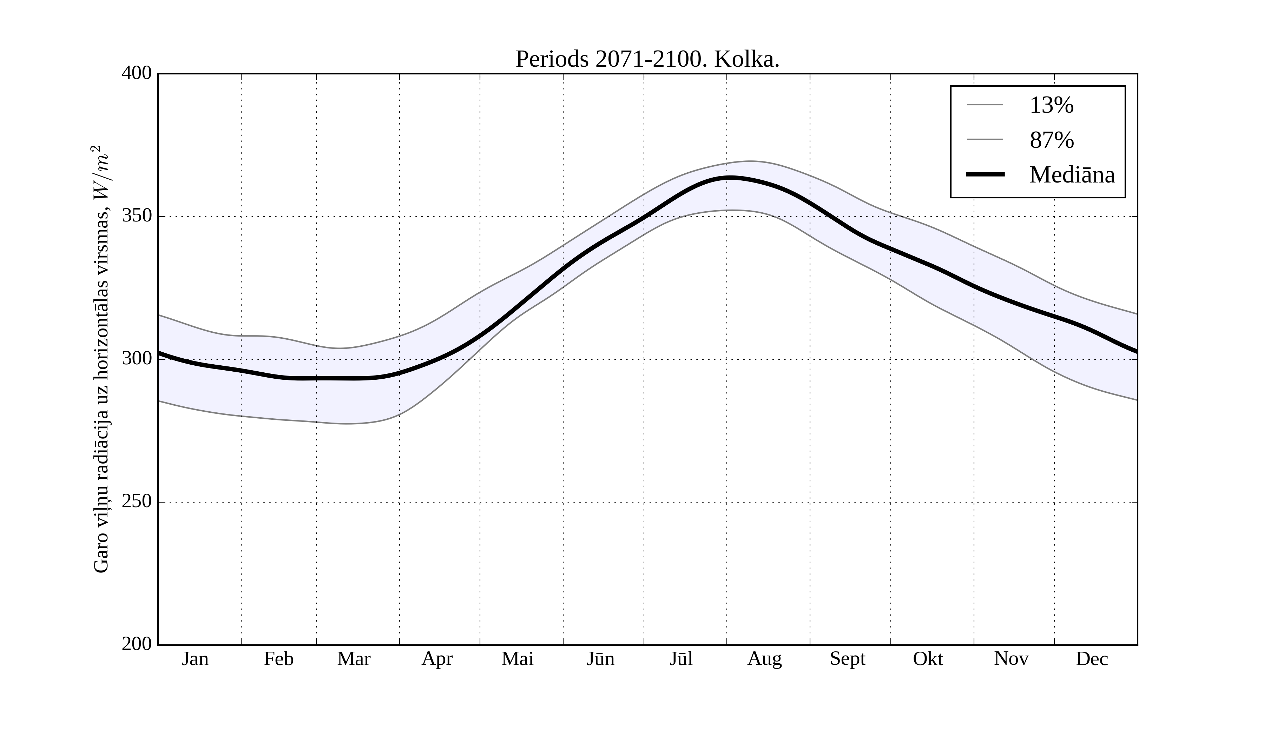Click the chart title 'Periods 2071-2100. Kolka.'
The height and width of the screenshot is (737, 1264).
647,60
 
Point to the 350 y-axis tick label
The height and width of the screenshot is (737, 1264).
137,216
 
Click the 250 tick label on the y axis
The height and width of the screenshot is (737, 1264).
137,502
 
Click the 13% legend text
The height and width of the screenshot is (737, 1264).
1051,105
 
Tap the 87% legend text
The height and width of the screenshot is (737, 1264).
1051,140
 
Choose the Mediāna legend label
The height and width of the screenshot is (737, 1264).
1072,175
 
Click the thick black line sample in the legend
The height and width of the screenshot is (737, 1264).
985,174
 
